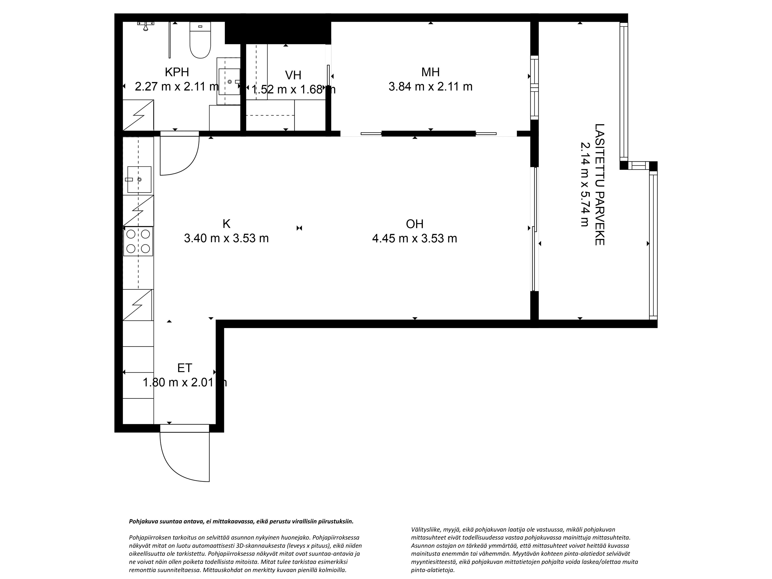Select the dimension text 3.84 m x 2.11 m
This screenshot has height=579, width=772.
(x=430, y=86)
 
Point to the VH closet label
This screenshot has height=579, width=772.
(x=293, y=75)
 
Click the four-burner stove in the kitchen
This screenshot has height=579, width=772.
(x=138, y=241)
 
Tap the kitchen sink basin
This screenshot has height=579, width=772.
(x=139, y=179)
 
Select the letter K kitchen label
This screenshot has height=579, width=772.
(x=226, y=223)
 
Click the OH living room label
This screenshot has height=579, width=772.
(x=415, y=224)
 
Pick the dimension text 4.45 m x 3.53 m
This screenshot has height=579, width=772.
(x=415, y=238)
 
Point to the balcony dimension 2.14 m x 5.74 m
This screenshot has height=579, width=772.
(x=585, y=184)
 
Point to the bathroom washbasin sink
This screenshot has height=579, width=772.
(x=229, y=81)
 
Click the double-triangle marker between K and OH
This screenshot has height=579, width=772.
(x=299, y=228)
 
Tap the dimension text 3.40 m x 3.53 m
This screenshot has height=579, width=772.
(x=226, y=238)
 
